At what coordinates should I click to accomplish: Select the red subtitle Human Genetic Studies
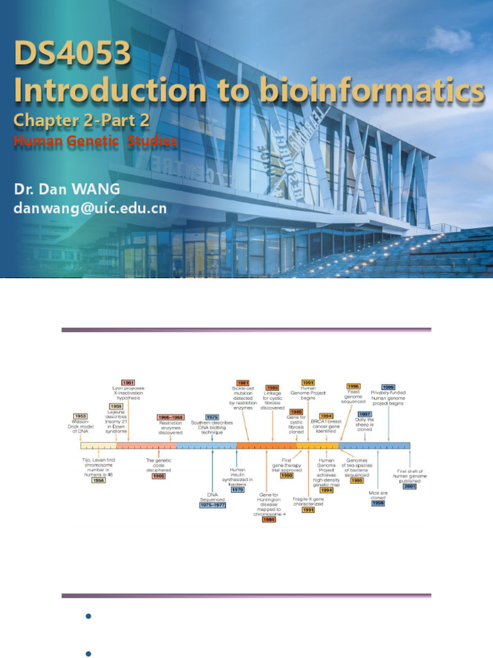(96, 141)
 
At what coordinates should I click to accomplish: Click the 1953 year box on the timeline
(80, 416)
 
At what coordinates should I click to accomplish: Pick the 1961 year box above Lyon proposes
(128, 383)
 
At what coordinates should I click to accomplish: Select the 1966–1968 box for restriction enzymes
(171, 417)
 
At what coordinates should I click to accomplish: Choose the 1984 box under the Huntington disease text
(269, 519)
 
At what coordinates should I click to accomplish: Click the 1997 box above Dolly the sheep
(365, 414)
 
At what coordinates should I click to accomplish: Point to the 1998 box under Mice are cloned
(378, 502)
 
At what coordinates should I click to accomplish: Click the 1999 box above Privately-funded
(388, 387)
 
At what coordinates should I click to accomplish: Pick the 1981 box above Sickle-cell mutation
(243, 383)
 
